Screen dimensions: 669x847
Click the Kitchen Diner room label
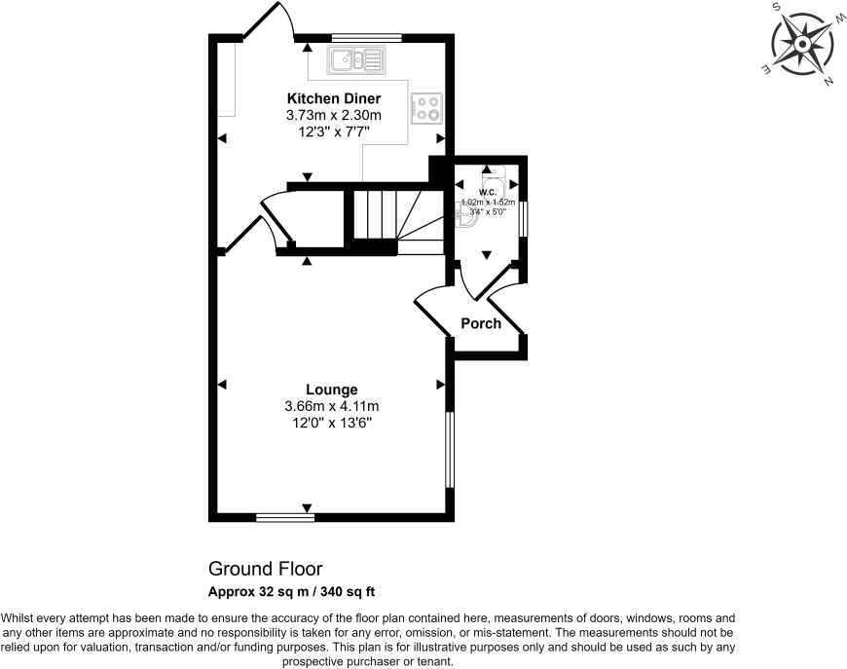(333, 98)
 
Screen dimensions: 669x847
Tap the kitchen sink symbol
(357, 61)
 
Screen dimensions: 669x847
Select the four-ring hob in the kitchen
(427, 107)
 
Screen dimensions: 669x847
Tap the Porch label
(481, 323)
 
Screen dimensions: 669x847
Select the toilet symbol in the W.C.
(466, 217)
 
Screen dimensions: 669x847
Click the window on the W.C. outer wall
(523, 218)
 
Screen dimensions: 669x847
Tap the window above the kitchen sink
(366, 38)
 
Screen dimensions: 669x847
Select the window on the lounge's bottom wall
(286, 517)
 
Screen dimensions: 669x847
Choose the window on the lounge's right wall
(449, 449)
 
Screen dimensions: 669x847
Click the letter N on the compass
(828, 82)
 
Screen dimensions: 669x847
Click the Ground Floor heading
(265, 569)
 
